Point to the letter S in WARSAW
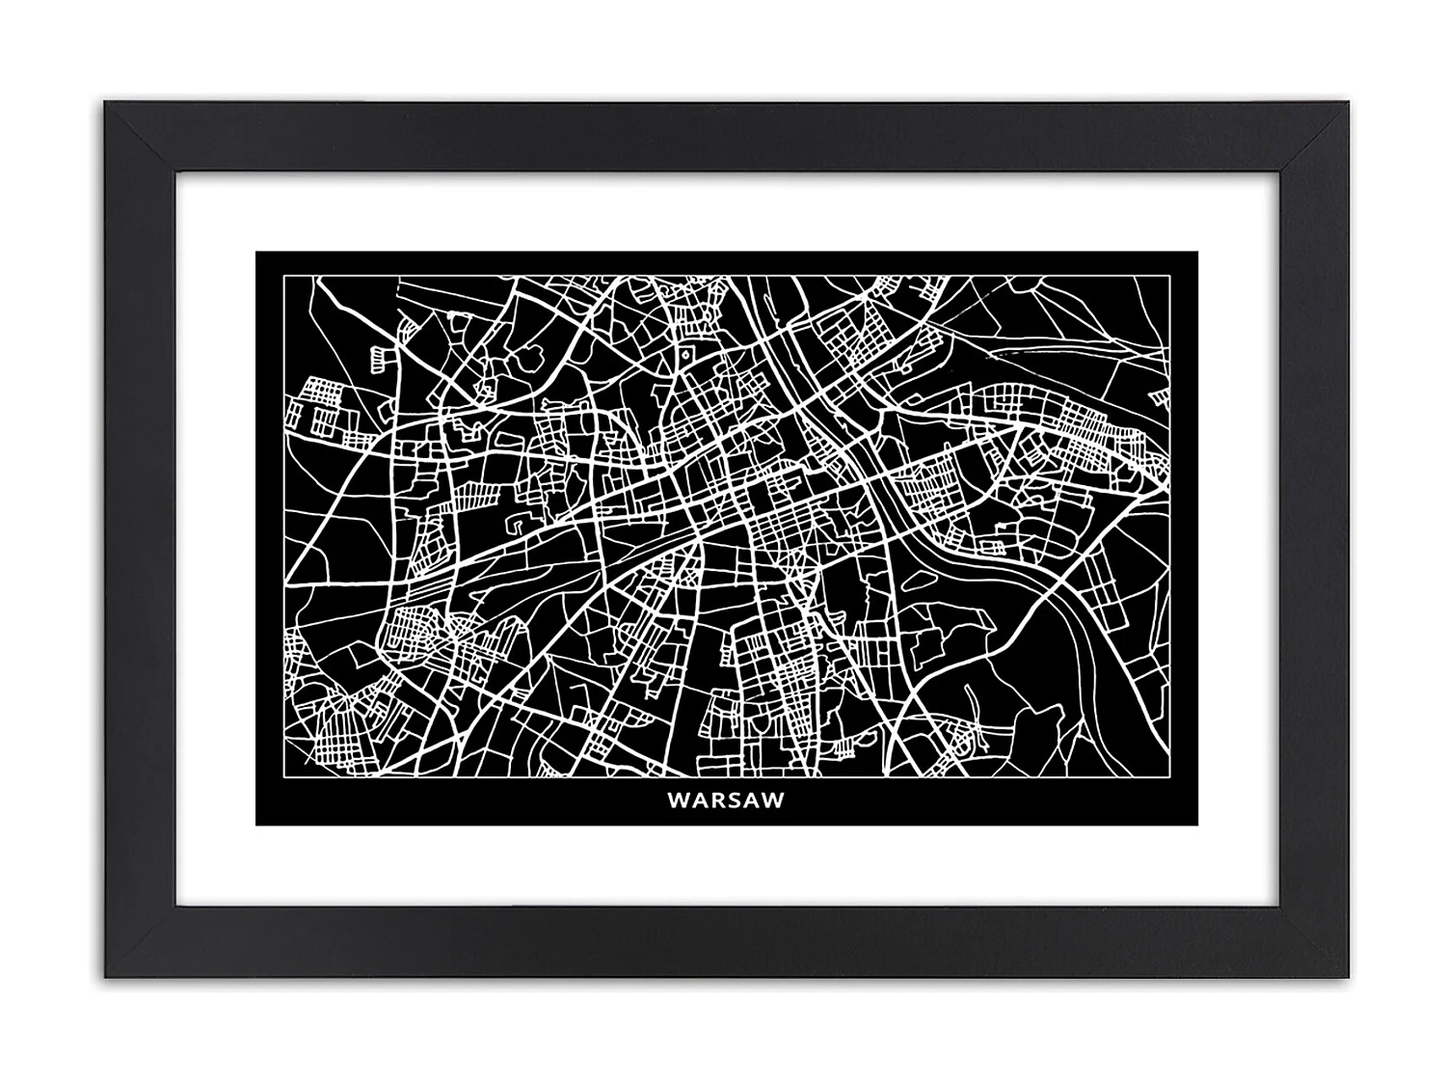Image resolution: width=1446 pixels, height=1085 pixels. [x=736, y=800]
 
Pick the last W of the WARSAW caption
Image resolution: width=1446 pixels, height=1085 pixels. [x=774, y=800]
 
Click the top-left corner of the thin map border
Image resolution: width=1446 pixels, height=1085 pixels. [x=282, y=276]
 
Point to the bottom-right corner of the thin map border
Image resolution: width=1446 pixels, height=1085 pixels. [x=1172, y=777]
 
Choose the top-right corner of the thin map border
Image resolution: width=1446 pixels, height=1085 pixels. [x=1172, y=276]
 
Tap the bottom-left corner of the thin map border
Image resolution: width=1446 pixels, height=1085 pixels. [x=282, y=777]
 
